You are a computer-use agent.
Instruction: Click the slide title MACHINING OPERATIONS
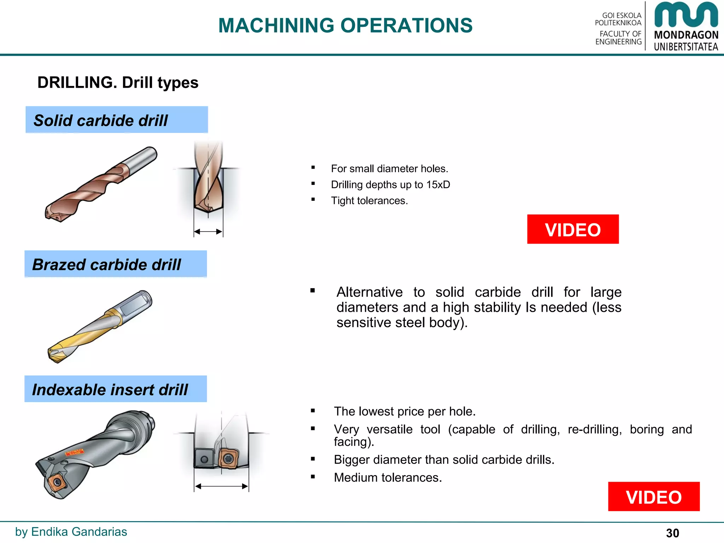pos(345,25)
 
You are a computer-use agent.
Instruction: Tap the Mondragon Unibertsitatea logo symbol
pos(686,15)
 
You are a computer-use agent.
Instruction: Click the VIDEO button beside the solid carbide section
pos(573,229)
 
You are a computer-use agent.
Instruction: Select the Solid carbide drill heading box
pos(117,120)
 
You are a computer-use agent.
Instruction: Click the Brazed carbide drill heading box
pos(116,264)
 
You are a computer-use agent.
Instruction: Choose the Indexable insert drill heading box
pos(116,389)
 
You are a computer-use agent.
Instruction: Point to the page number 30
pos(672,533)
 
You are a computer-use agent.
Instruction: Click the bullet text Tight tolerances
pos(369,200)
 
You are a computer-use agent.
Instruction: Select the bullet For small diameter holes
pos(389,169)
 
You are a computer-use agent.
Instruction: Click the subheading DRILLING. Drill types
pos(118,83)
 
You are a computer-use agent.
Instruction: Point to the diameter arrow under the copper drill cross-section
pos(208,232)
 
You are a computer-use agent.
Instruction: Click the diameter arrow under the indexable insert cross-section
pos(221,486)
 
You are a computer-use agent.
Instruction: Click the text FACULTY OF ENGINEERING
pos(618,38)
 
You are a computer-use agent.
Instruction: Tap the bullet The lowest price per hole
pos(404,411)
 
